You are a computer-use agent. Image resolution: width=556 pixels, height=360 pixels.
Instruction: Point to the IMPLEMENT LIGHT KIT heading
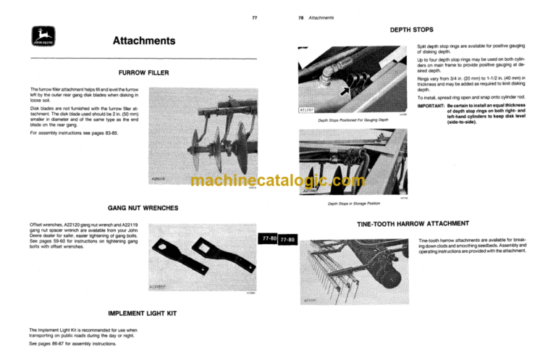143,314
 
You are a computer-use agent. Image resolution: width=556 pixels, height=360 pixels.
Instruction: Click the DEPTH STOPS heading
411,30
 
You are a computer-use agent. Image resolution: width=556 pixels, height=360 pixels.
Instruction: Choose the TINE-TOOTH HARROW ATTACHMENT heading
413,223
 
